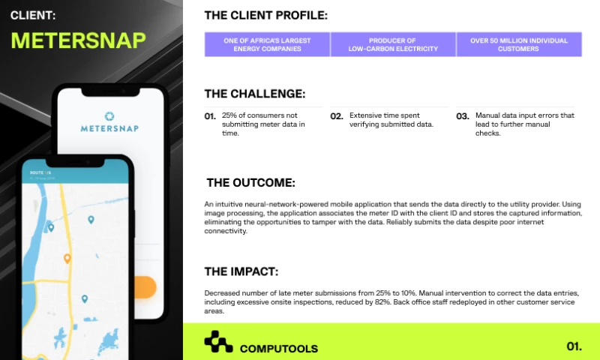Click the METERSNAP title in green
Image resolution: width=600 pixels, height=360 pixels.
78,40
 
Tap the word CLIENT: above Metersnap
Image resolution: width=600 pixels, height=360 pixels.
32,13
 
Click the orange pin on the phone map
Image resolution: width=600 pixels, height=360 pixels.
67,259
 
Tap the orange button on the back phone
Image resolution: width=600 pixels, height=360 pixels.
146,286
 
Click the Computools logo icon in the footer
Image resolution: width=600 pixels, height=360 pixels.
218,342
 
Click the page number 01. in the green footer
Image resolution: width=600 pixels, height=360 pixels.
574,346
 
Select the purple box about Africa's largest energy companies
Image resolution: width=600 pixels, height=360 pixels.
267,44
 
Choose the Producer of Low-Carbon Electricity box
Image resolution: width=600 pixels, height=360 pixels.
393,44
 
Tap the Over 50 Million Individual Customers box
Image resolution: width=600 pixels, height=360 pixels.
519,44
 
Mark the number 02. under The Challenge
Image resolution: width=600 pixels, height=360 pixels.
337,116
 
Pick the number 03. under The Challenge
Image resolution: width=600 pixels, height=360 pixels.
463,116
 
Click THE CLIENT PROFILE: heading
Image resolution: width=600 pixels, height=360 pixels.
265,14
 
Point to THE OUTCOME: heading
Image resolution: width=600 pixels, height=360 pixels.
250,182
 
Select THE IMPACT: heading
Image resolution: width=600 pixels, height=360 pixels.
241,271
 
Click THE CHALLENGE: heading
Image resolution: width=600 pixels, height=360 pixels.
255,94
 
